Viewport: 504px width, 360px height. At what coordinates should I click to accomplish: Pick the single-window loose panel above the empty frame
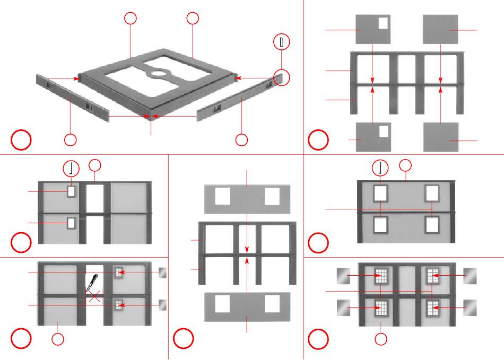point(373,30)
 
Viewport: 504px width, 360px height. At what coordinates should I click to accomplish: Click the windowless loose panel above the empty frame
point(440,30)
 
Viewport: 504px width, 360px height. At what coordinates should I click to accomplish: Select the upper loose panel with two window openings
point(248,199)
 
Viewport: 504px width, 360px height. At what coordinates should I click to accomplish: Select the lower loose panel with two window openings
point(248,306)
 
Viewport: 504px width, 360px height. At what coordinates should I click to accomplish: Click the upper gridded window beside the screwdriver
point(118,273)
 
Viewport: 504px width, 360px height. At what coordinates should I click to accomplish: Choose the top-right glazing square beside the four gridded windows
point(470,276)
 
